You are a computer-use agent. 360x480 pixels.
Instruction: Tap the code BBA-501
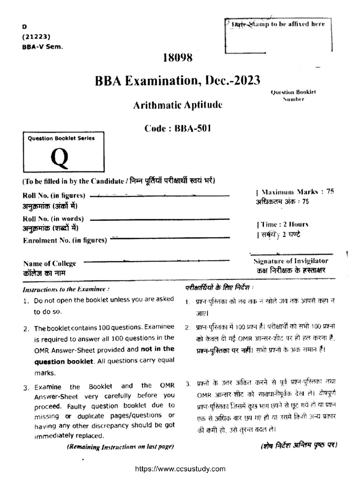(x=177, y=129)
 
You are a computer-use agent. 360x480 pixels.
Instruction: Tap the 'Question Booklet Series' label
(x=61, y=138)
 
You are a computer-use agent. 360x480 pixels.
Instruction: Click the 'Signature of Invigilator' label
(x=291, y=261)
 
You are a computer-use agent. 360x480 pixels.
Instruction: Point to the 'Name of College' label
(x=50, y=263)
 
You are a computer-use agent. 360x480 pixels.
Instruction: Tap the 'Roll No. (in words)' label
(x=53, y=218)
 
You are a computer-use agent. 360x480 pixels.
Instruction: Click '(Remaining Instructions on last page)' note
(x=120, y=447)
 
